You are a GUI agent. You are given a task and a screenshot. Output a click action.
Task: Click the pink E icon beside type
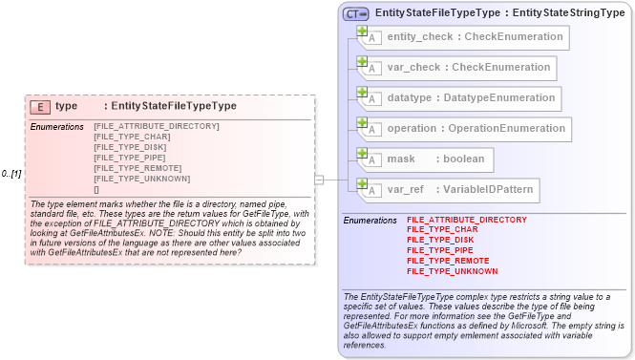point(40,107)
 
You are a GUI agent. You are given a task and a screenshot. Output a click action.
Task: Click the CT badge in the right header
point(356,13)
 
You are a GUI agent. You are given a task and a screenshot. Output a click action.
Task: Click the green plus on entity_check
point(363,32)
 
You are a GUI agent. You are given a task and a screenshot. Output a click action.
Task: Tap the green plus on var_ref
point(363,184)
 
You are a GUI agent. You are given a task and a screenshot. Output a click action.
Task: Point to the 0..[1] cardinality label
point(11,174)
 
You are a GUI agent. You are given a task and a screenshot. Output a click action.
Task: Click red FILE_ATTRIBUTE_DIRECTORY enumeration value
point(466,220)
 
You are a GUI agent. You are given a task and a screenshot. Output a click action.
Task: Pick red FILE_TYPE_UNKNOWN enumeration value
point(452,271)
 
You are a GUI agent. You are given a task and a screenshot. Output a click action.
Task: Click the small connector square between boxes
point(319,179)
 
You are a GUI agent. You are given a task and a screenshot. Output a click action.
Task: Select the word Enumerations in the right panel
point(370,221)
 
